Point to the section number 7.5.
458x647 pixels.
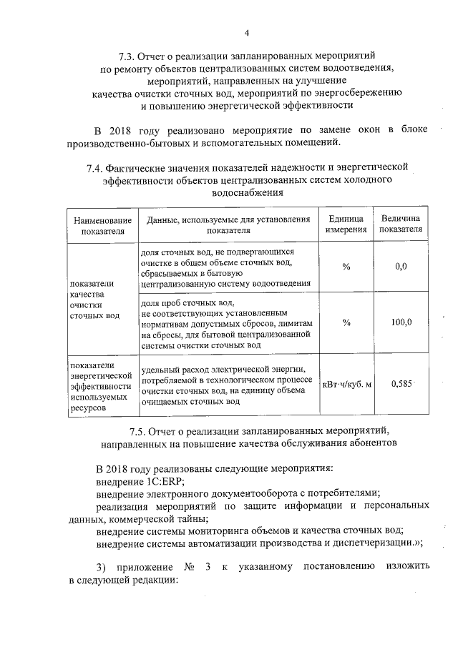click(x=140, y=431)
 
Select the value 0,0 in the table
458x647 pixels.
click(x=401, y=267)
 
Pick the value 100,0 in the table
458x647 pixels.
click(x=401, y=322)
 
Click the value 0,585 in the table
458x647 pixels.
click(x=401, y=383)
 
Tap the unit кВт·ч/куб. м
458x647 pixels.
click(x=347, y=384)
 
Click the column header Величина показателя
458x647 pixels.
click(x=401, y=224)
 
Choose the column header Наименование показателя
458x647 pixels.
click(x=103, y=224)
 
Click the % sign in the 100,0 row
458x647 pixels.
click(x=346, y=322)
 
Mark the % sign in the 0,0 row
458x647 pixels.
click(x=346, y=267)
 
